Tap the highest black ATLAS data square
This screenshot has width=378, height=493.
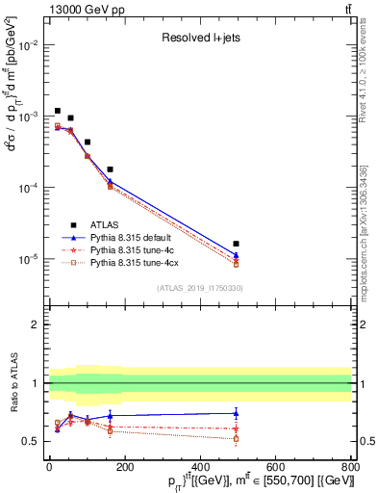(x=58, y=112)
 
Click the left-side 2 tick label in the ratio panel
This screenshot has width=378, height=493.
(x=36, y=324)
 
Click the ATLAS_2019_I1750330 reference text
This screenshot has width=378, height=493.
(x=199, y=288)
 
